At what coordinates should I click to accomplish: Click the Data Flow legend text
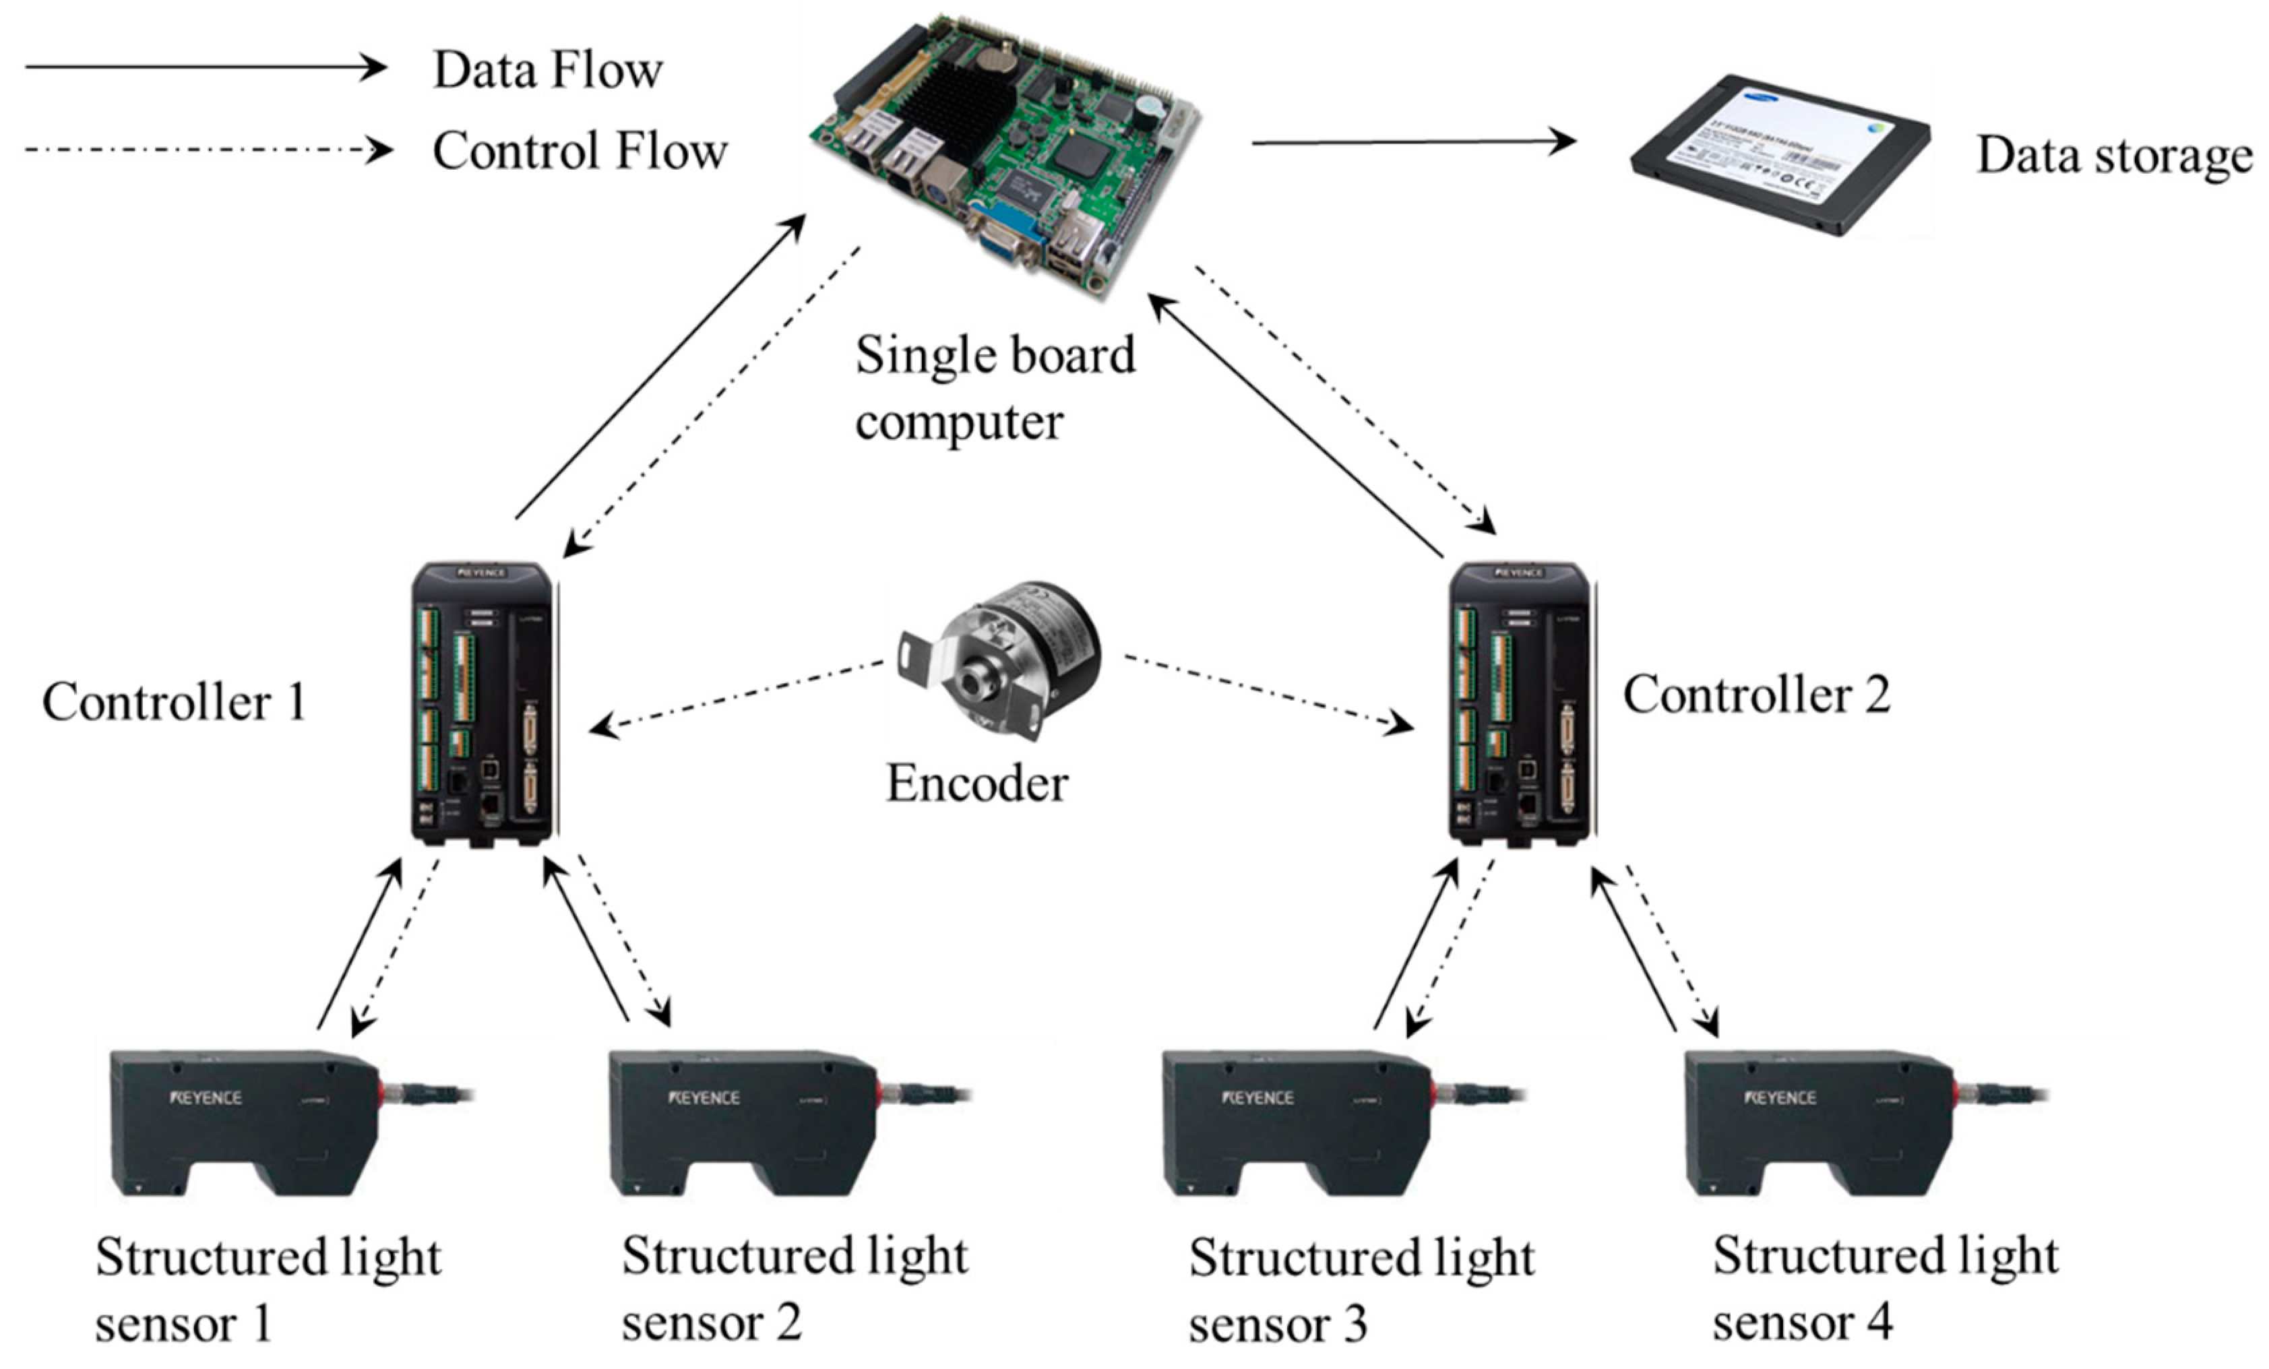pyautogui.click(x=547, y=71)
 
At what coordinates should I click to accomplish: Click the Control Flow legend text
pyautogui.click(x=580, y=151)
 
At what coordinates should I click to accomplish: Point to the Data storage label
pyautogui.click(x=2114, y=155)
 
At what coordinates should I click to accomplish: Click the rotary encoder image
pyautogui.click(x=999, y=659)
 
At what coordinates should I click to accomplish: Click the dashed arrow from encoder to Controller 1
pyautogui.click(x=737, y=695)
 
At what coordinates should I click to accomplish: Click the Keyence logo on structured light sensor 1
pyautogui.click(x=206, y=1097)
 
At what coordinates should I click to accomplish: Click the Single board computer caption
pyautogui.click(x=995, y=387)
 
